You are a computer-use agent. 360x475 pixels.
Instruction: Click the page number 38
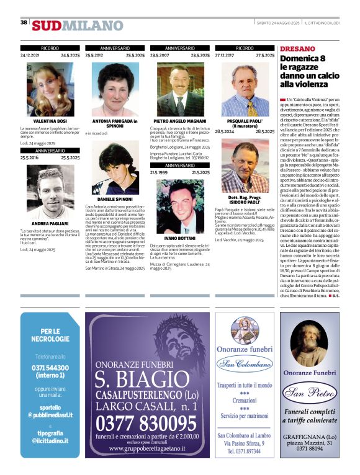24,23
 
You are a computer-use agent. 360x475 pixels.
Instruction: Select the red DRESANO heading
297,48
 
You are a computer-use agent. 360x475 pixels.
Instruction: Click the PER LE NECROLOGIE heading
50,335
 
